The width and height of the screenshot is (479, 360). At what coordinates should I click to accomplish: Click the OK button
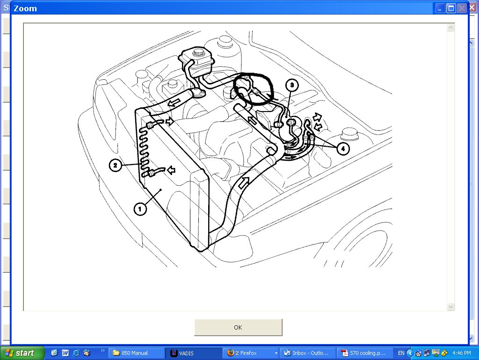[238, 327]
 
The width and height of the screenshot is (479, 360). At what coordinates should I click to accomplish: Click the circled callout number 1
[140, 209]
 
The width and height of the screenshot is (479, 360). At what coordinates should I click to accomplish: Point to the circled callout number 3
[291, 85]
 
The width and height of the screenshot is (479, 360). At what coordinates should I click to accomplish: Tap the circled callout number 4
[342, 149]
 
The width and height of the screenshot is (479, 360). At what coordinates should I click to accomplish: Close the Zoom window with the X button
[462, 8]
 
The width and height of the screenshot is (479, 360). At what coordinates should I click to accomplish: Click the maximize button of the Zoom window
[451, 8]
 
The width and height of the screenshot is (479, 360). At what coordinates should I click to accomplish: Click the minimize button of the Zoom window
[440, 8]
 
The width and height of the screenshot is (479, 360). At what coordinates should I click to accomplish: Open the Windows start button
[22, 353]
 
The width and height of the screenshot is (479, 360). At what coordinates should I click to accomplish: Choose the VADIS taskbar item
[192, 353]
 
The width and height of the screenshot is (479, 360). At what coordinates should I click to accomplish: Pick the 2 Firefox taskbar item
[250, 353]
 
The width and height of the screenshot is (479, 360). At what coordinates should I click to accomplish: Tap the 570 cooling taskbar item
[364, 353]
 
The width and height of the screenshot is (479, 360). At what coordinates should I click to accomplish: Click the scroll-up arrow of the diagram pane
[450, 28]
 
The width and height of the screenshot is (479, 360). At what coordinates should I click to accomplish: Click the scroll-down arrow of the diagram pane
[450, 307]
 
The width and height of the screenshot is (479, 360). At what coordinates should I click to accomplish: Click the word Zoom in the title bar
[25, 8]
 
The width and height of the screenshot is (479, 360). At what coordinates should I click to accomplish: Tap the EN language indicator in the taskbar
[401, 353]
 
